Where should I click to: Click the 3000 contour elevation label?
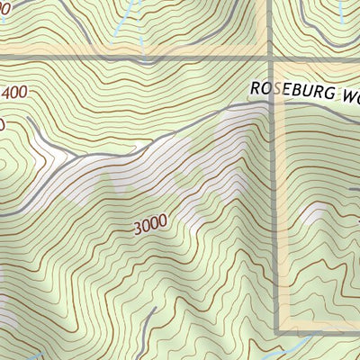(x=149, y=227)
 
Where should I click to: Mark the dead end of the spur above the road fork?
(x=29, y=120)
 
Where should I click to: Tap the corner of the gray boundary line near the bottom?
(x=272, y=331)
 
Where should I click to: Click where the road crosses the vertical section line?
(x=271, y=101)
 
